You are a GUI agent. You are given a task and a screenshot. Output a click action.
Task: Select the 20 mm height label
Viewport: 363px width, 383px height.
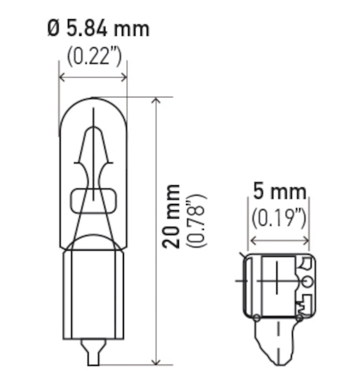point(172,216)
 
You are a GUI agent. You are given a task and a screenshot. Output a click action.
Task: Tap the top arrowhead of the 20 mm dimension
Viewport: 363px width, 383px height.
point(157,101)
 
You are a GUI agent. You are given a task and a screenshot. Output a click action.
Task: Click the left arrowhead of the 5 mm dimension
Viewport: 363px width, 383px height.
point(252,240)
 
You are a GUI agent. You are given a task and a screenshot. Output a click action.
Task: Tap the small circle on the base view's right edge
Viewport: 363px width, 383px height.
point(307,282)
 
